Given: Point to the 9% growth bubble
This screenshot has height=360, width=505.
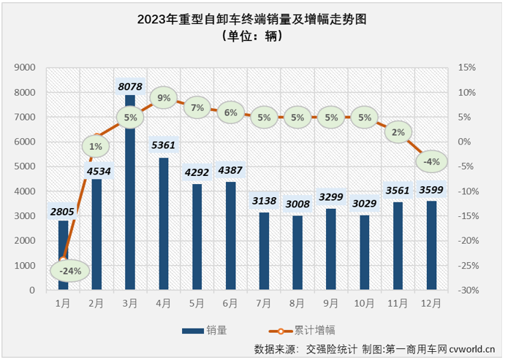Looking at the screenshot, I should click(164, 97).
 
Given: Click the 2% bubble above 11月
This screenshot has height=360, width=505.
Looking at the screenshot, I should click(398, 132).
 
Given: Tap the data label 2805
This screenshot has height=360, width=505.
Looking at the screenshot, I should click(64, 212).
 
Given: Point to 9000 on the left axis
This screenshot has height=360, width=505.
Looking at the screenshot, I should click(26, 68).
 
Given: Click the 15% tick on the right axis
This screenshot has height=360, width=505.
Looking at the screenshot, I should click(467, 68).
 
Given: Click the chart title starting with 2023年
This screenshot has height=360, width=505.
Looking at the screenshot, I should click(251, 20).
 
